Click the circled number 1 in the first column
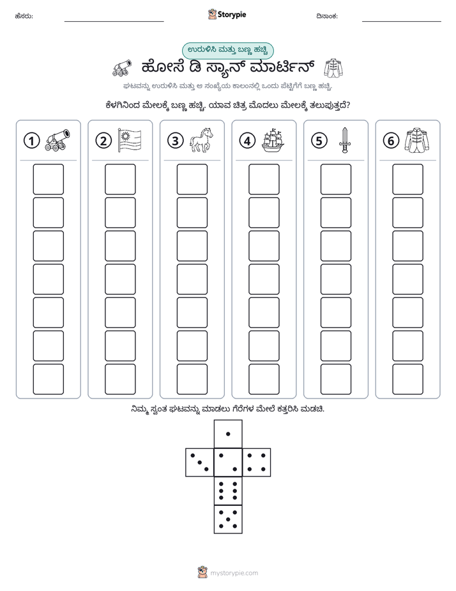pos(31,141)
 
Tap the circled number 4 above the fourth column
pos(247,141)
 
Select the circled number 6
pos(391,141)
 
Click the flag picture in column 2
pos(130,140)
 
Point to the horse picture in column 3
pos(201,140)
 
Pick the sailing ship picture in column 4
pos(273,140)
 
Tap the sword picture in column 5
pos(345,140)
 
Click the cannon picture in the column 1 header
pos(57,140)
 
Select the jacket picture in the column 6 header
pos(417,140)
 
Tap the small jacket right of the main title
pos(333,68)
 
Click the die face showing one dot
pos(228,434)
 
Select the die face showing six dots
pos(228,491)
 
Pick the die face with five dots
pos(228,519)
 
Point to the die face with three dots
pos(200,462)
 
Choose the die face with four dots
pos(257,462)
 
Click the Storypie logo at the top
pos(227,15)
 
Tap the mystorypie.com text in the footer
pos(234,573)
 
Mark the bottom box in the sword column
pos(336,379)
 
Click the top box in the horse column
pos(192,179)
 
